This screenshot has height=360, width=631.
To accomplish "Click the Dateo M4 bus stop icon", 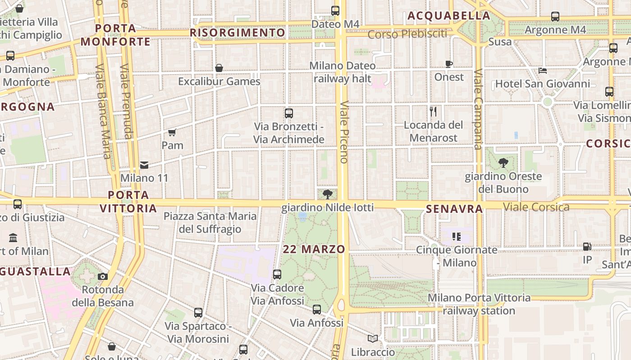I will (x=335, y=10).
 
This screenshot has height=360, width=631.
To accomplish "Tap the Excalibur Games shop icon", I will (x=219, y=68).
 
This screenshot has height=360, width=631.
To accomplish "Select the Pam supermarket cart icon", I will (x=172, y=132).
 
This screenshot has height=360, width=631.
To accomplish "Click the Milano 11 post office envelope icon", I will (x=144, y=165).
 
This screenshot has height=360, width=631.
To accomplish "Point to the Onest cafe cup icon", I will (x=449, y=64).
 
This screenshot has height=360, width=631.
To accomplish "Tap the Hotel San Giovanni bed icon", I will (x=543, y=71).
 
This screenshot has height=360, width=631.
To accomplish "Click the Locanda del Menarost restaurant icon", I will (x=433, y=111).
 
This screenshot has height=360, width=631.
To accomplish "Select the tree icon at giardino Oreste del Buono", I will (x=503, y=163).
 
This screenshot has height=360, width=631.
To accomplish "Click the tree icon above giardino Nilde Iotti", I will (x=328, y=194).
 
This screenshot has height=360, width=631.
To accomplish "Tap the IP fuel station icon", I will (x=587, y=247).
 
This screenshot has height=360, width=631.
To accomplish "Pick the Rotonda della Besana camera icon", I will (x=103, y=276).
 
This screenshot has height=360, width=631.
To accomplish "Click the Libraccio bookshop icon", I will (x=373, y=339).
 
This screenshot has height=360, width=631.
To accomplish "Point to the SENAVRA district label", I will (x=454, y=209).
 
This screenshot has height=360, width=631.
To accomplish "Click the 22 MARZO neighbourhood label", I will (x=314, y=249).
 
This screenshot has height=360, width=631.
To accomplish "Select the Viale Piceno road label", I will (x=344, y=131).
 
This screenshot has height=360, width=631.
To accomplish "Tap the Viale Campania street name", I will (x=478, y=109).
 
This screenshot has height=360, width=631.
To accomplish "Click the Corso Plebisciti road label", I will (x=407, y=34).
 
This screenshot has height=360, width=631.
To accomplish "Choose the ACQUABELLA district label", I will (x=448, y=16).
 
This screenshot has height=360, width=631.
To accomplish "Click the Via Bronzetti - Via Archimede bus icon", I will (x=289, y=113).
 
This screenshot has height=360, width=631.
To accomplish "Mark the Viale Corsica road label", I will (x=536, y=207).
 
